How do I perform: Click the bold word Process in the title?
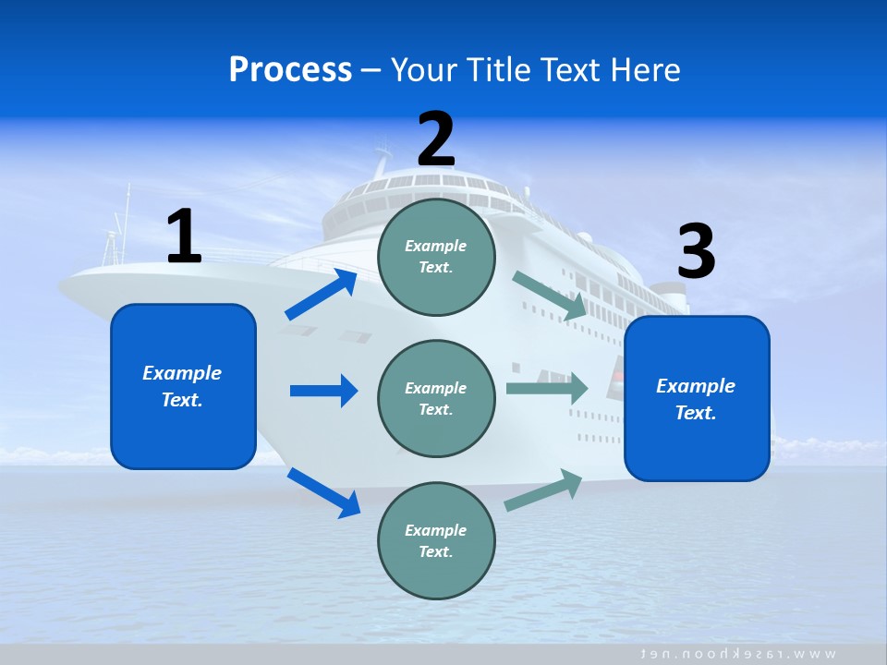(290, 69)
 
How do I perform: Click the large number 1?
(184, 237)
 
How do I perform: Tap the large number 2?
(436, 139)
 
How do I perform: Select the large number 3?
(697, 252)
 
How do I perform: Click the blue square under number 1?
(183, 386)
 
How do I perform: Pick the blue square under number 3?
(697, 398)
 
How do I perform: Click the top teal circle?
(436, 257)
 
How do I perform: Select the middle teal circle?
(436, 398)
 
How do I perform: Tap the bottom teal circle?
(436, 540)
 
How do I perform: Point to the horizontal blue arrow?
(322, 391)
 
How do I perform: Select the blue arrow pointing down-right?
(323, 492)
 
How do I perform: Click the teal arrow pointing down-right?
(550, 296)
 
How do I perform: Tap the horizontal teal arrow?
(546, 388)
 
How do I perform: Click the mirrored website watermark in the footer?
(739, 654)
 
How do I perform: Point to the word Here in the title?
(646, 69)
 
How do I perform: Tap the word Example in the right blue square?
(696, 386)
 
